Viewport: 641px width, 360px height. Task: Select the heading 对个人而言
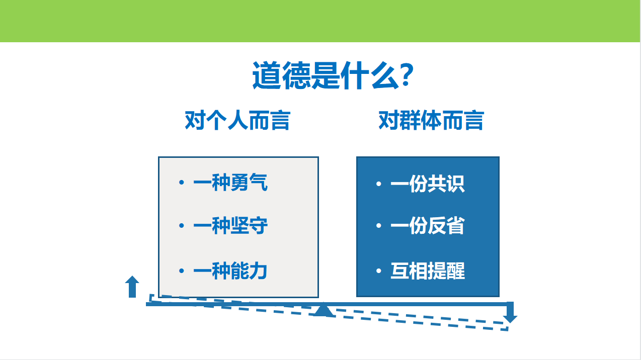coord(237,120)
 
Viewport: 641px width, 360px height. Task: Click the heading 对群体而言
coord(431,120)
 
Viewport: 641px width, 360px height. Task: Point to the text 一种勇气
coord(230,182)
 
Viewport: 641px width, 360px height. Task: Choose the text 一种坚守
coord(230,225)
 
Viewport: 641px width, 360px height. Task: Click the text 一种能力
coord(230,271)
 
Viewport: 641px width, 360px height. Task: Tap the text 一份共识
coord(428,184)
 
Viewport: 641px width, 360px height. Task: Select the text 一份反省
coord(428,225)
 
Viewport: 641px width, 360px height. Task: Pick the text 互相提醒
coord(428,271)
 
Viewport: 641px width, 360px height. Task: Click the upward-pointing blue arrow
coord(132,287)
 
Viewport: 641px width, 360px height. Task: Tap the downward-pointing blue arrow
coord(510,312)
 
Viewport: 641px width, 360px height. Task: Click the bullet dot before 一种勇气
coord(182,182)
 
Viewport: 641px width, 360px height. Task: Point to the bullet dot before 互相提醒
coord(378,271)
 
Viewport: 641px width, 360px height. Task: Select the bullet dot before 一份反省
coord(378,225)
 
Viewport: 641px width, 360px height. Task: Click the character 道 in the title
coord(267,75)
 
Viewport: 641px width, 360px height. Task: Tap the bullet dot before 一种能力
coord(182,271)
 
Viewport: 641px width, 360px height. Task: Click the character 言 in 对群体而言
coord(474,120)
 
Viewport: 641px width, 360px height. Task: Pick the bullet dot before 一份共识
coord(378,184)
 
